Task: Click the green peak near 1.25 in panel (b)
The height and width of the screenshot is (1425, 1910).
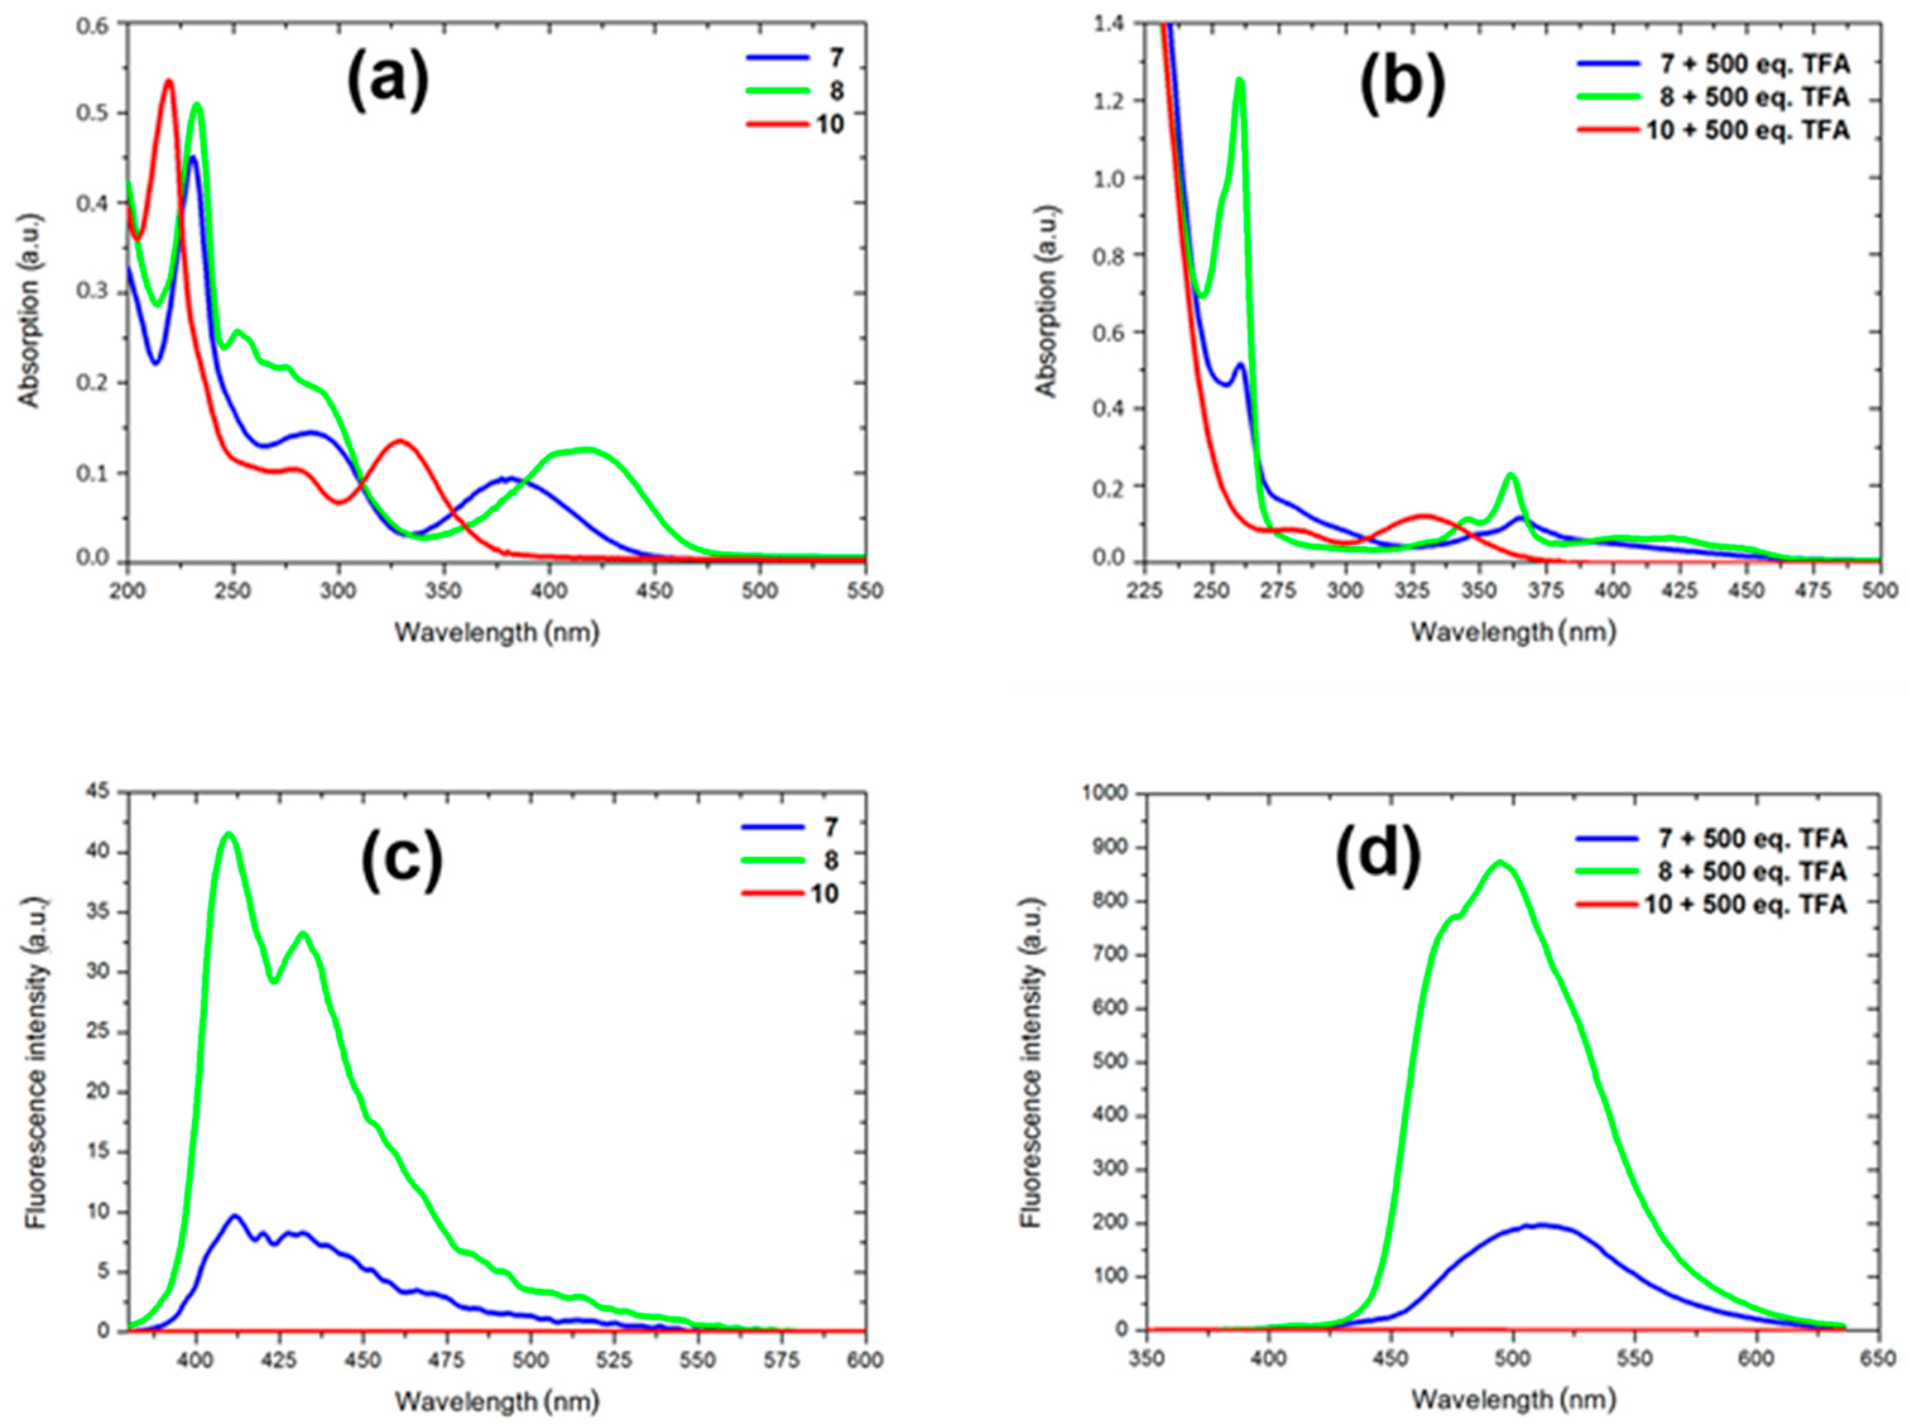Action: (1239, 80)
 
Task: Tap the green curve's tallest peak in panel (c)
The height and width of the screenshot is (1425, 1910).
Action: (229, 833)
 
